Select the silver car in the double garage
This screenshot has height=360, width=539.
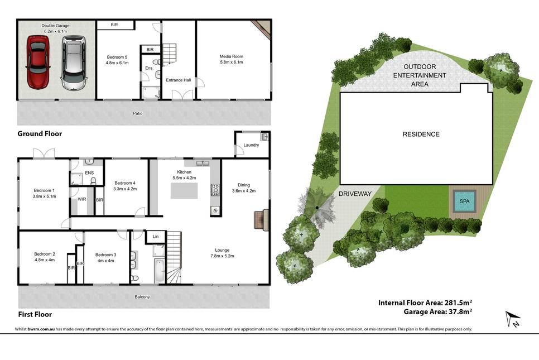[x=73, y=63]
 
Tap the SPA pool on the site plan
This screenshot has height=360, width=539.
[x=464, y=201]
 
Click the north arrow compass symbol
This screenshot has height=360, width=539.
[x=513, y=318]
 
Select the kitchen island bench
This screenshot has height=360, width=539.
[x=184, y=191]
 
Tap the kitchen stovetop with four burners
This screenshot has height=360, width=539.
[x=215, y=190]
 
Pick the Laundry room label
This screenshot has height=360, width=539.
[x=251, y=145]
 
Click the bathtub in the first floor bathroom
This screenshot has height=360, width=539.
[x=160, y=271]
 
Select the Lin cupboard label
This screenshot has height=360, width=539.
[x=156, y=237]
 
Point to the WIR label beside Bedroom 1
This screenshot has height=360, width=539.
[x=82, y=199]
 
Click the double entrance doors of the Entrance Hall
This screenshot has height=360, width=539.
[x=182, y=95]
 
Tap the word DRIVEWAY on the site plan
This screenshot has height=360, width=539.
[x=355, y=194]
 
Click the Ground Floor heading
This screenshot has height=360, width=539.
[x=40, y=134]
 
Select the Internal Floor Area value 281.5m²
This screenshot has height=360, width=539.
[x=458, y=303]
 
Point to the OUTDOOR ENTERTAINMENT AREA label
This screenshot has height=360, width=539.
[x=420, y=75]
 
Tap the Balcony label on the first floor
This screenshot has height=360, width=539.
[x=142, y=297]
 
